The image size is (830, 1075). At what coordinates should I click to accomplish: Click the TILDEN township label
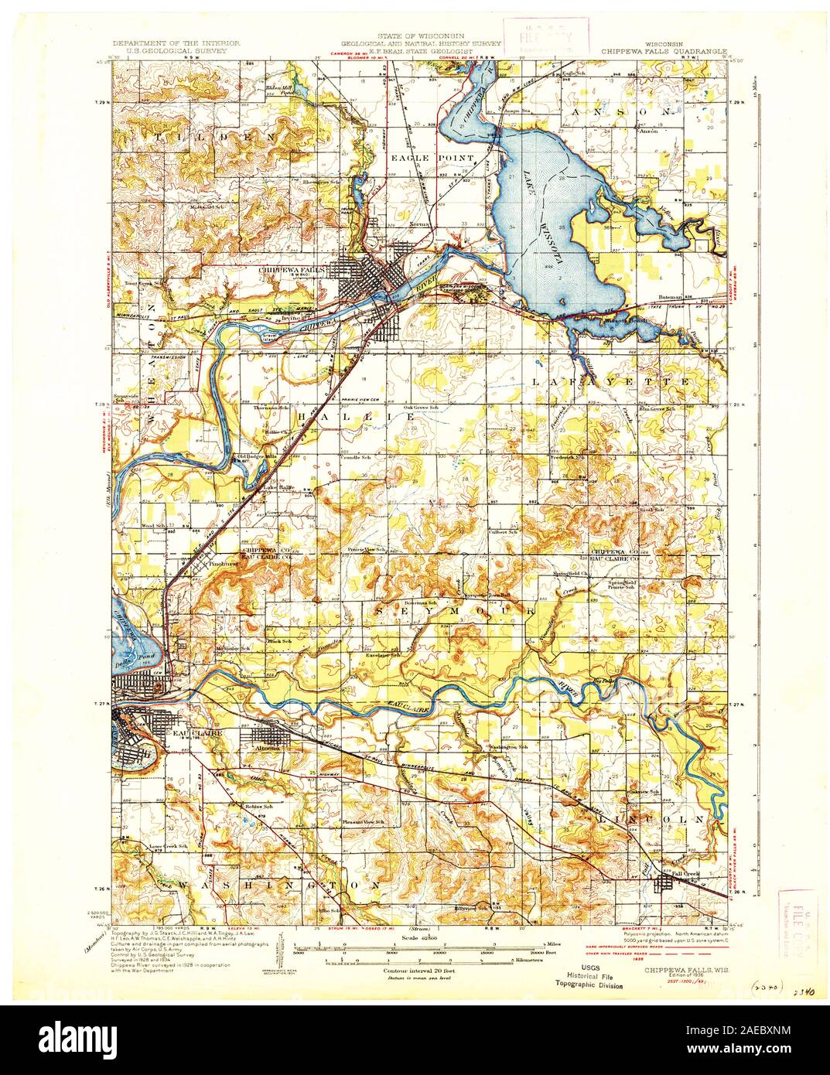[216, 137]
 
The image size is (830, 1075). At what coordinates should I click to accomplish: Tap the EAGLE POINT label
[432, 158]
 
